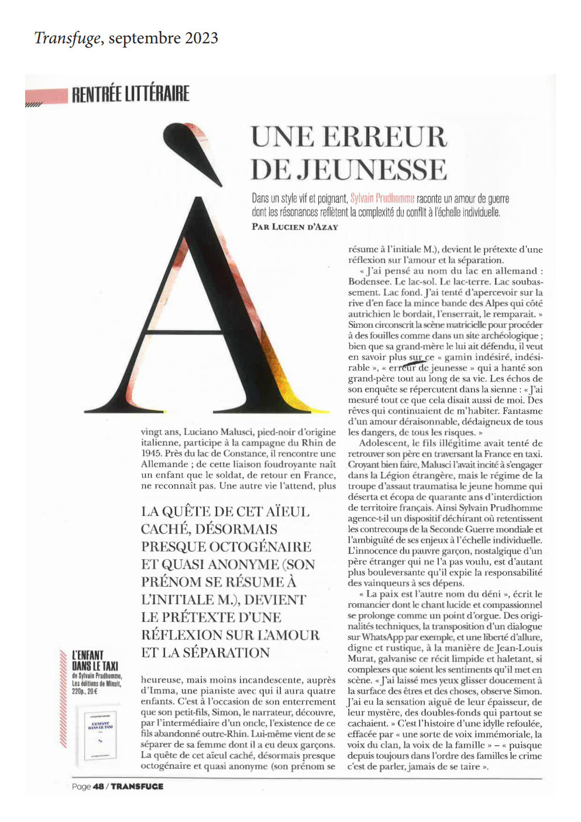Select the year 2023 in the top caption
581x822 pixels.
(201, 38)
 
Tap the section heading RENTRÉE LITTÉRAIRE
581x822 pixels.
(130, 94)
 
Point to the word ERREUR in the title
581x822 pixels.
(384, 137)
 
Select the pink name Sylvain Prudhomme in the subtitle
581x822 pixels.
(382, 198)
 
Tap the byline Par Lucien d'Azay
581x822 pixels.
(295, 227)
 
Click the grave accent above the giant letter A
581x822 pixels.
(194, 151)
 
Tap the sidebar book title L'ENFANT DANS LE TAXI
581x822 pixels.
(95, 660)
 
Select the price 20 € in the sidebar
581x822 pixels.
(92, 691)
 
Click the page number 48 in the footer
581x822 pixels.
(98, 786)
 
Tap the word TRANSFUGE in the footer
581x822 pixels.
(137, 786)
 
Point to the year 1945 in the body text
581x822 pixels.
(151, 453)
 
